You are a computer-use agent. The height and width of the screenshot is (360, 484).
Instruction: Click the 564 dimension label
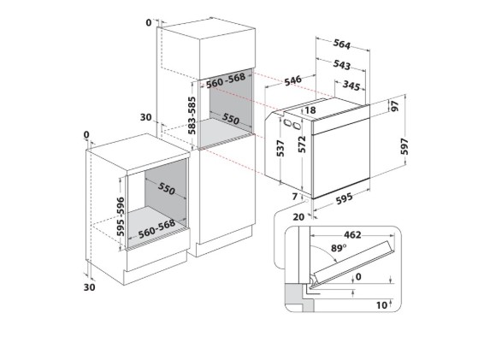pyautogui.click(x=342, y=44)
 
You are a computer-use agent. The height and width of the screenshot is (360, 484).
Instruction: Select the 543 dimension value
pyautogui.click(x=342, y=65)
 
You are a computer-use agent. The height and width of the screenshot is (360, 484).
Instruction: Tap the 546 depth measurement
pyautogui.click(x=292, y=80)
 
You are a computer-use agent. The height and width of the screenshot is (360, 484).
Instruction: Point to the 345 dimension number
pyautogui.click(x=351, y=86)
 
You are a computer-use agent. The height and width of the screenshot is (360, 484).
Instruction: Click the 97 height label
pyautogui.click(x=395, y=106)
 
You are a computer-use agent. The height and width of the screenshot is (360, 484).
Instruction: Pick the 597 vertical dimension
pyautogui.click(x=404, y=146)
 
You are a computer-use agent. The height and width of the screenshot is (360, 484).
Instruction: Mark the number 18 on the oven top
pyautogui.click(x=310, y=110)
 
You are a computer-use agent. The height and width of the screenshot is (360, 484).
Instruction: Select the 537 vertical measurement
pyautogui.click(x=280, y=148)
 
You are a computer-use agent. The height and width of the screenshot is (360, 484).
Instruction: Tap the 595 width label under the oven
pyautogui.click(x=344, y=198)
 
